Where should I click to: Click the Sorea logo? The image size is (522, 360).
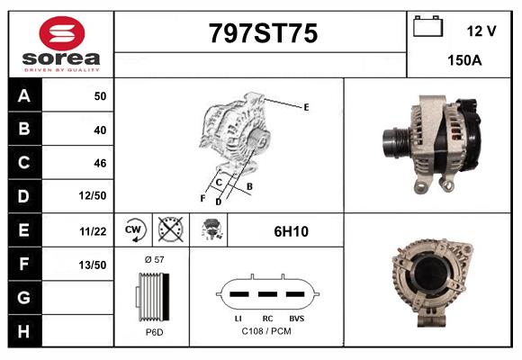click(x=60, y=45)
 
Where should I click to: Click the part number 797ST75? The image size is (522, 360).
click(x=263, y=33)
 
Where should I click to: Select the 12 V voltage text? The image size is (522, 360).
click(x=481, y=31)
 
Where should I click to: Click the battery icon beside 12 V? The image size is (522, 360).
click(x=427, y=28)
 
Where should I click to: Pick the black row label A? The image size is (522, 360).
click(x=23, y=95)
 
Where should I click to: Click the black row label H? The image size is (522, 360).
click(x=23, y=331)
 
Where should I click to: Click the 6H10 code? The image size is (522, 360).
click(x=291, y=231)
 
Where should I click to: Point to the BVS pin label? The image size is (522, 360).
click(x=296, y=318)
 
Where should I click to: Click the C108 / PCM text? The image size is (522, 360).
click(x=265, y=332)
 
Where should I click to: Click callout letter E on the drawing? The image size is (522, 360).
click(x=306, y=107)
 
